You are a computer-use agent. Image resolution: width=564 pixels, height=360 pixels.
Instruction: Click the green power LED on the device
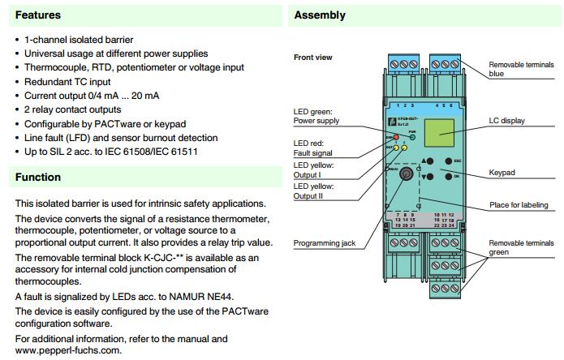click(x=411, y=138)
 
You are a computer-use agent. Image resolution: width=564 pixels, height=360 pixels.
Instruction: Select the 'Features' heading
click(x=38, y=15)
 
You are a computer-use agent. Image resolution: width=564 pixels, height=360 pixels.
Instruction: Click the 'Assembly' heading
click(x=320, y=15)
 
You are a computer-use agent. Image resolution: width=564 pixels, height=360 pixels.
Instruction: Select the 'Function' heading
click(x=38, y=177)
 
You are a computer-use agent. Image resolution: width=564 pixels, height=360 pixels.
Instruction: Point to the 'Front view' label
click(x=313, y=58)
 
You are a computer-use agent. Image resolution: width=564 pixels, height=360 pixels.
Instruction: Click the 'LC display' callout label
click(x=506, y=121)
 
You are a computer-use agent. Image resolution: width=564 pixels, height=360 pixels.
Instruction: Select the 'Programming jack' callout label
click(x=325, y=243)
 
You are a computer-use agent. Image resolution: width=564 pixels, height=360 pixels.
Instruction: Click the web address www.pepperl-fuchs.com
click(x=68, y=350)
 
